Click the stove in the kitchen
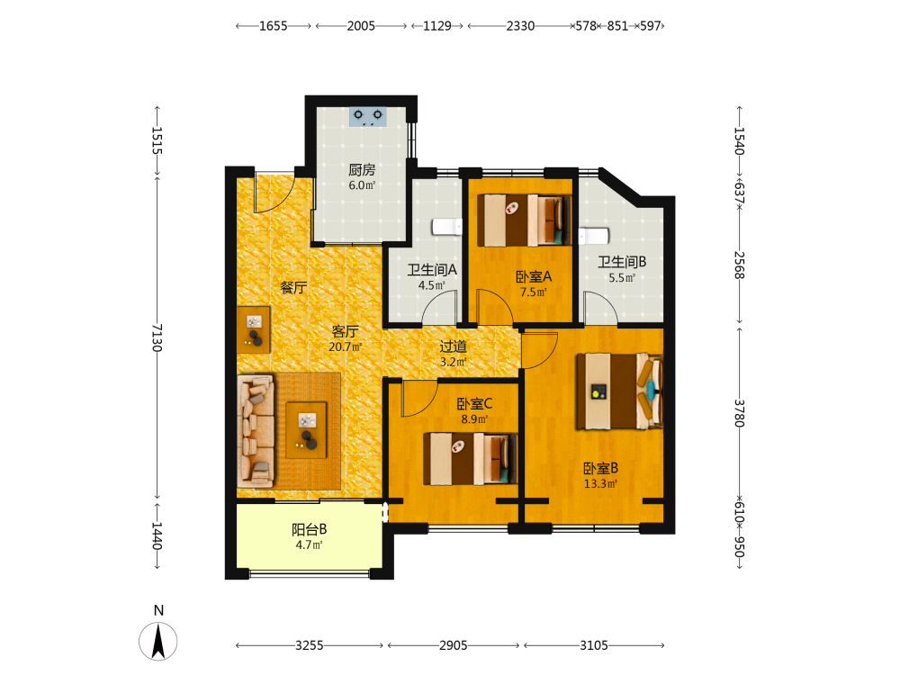point(368,116)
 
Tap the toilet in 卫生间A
point(447,227)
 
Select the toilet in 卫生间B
point(593,237)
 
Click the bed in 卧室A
point(525,220)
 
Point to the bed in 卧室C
point(470,459)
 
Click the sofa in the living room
point(256,432)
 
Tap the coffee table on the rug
point(307,430)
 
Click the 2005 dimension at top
point(361,26)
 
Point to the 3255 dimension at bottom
point(310,645)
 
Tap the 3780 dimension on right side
point(739,413)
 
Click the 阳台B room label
point(310,529)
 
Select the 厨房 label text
point(362,170)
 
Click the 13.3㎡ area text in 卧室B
point(600,484)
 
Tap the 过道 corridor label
point(454,346)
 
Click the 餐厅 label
point(293,287)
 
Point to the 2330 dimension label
point(520,26)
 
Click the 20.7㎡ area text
point(345,346)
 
